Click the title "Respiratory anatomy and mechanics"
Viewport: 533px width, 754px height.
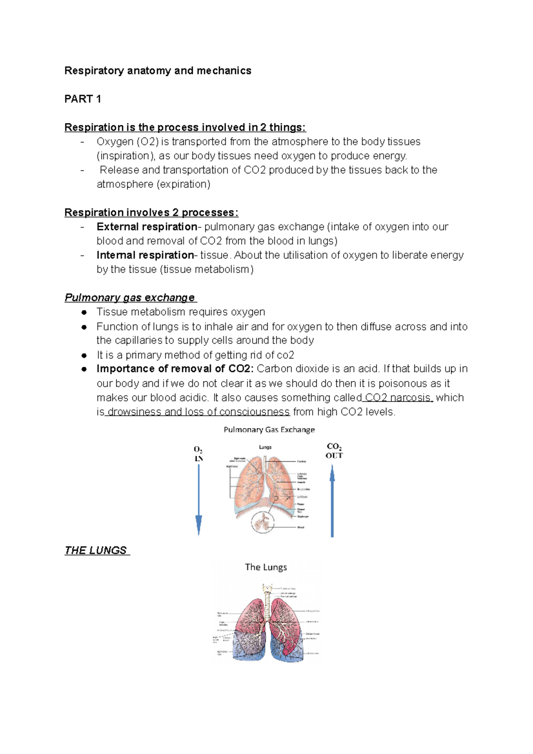158,71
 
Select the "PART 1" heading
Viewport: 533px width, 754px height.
83,99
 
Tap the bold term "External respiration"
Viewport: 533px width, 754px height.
147,227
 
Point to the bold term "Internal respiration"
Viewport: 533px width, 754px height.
145,255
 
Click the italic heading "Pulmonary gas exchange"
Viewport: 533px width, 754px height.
130,298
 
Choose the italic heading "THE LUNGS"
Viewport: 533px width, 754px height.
96,550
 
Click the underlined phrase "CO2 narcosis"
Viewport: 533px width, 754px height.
398,397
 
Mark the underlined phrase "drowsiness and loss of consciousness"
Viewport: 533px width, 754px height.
199,412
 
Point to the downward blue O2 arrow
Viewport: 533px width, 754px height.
199,500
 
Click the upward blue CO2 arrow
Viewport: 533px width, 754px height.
332,502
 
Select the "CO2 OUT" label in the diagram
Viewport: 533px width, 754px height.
334,451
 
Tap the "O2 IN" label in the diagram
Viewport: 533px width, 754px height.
199,454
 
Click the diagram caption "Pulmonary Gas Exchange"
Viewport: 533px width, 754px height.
269,429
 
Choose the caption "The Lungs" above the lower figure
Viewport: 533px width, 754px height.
266,567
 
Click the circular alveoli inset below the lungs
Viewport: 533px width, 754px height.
263,522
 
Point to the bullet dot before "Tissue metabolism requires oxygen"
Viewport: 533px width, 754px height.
84,312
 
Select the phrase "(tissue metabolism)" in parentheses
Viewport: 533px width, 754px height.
207,270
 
